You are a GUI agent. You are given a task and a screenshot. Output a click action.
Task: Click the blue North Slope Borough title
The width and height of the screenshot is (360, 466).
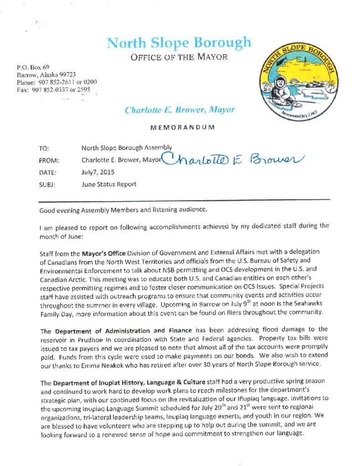tap(178, 43)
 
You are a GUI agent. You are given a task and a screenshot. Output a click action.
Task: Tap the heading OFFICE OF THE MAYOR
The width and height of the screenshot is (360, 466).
tap(178, 58)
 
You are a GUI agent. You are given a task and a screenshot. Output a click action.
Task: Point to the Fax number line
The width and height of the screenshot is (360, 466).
tap(54, 90)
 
